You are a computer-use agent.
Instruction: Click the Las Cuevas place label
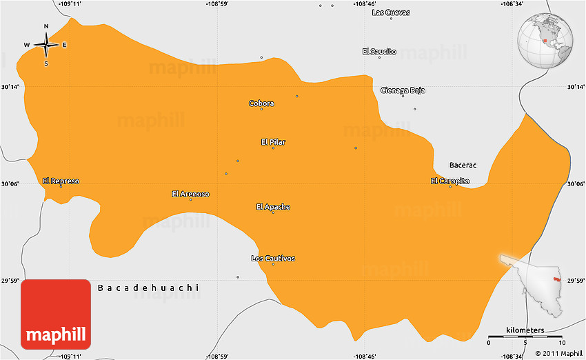(390, 12)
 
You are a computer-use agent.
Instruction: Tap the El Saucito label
(379, 51)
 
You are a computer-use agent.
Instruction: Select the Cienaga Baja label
(403, 90)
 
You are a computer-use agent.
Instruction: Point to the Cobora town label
(261, 103)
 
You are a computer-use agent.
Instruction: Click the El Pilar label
(273, 142)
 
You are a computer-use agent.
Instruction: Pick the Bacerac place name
(463, 165)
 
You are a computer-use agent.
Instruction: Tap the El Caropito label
(450, 181)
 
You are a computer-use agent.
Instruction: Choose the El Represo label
(61, 181)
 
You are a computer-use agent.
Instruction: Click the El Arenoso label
(190, 194)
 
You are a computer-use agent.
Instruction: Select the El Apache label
(273, 206)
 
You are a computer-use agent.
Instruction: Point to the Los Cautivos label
(273, 258)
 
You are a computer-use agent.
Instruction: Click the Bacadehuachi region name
(148, 287)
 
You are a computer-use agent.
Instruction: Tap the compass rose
(46, 46)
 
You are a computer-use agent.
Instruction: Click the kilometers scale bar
(525, 337)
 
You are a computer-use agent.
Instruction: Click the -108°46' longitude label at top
(365, 3)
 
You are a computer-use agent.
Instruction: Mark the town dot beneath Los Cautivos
(273, 264)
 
